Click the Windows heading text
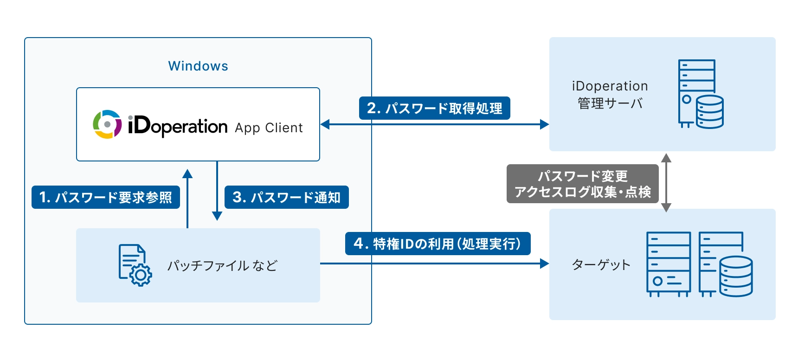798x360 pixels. coord(198,66)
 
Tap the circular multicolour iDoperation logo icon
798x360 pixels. coord(107,124)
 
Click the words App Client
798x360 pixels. coord(269,128)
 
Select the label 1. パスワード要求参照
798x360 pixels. coord(106,197)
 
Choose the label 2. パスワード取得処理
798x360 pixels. coord(434,108)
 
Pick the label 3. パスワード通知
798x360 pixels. coord(286,197)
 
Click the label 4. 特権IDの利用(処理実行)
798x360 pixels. coord(438,244)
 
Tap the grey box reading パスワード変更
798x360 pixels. coord(582,184)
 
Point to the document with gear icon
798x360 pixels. coord(135,265)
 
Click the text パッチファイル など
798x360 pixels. coord(222,265)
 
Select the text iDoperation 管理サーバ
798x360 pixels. coord(610,95)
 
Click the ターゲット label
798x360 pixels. coord(601,264)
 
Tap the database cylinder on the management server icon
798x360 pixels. coord(710,112)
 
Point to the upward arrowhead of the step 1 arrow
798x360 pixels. coord(187,174)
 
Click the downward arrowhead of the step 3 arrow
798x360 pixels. coord(217,216)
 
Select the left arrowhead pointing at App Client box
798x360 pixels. coord(325,124)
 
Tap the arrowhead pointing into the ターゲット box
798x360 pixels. coord(544,264)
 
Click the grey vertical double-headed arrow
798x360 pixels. coord(666,183)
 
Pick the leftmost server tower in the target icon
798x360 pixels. coord(669,264)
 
